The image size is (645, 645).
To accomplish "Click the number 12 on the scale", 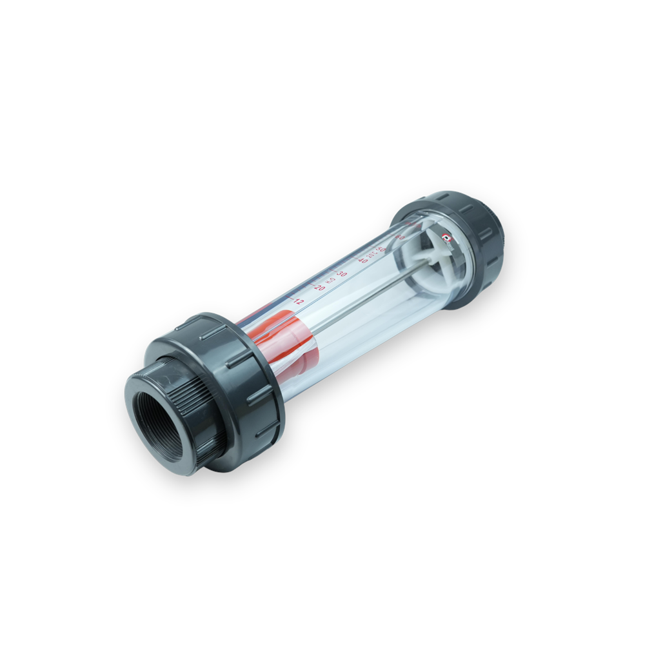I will [298, 301].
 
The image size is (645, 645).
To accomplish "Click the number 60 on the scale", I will [400, 237].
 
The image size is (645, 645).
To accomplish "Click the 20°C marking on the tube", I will [372, 254].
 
